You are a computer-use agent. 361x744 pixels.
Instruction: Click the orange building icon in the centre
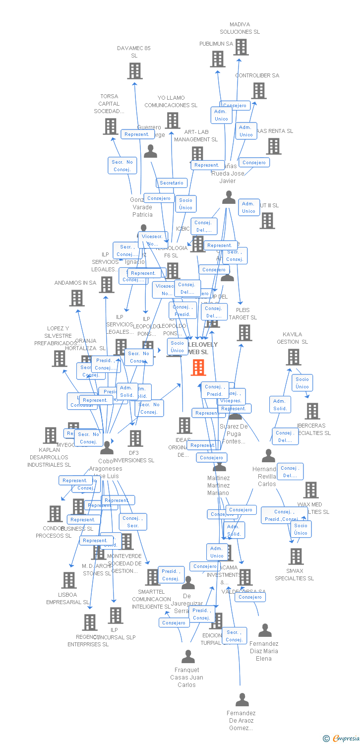tap(198, 367)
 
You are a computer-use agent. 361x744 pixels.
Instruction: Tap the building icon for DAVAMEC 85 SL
tap(135, 71)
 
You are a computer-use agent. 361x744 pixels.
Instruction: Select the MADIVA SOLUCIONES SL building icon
tap(241, 47)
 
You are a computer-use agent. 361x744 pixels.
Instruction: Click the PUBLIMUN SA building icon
tap(218, 59)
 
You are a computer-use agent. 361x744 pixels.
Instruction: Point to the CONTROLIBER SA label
tap(257, 75)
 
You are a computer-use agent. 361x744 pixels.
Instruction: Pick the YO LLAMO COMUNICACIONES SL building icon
tap(173, 121)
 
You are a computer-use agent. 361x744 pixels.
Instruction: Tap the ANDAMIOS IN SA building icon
tap(76, 298)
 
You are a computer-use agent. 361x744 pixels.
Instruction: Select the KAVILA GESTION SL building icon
tap(294, 357)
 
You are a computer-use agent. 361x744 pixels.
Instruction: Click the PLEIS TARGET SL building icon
tap(244, 333)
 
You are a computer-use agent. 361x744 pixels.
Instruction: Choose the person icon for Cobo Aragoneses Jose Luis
tap(107, 448)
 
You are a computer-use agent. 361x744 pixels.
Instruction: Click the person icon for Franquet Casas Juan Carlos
tap(188, 657)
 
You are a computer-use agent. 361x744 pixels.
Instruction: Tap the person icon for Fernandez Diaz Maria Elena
tap(265, 630)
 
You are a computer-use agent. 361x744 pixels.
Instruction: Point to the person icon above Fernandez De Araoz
tap(242, 700)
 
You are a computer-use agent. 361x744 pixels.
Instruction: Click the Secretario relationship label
tap(172, 183)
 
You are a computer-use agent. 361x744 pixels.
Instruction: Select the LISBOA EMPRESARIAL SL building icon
tap(68, 580)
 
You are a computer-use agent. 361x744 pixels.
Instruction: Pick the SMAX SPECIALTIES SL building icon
tap(296, 557)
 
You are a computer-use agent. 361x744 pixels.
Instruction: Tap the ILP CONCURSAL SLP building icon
tap(116, 616)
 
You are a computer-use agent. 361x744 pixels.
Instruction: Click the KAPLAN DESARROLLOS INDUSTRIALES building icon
tap(50, 435)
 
